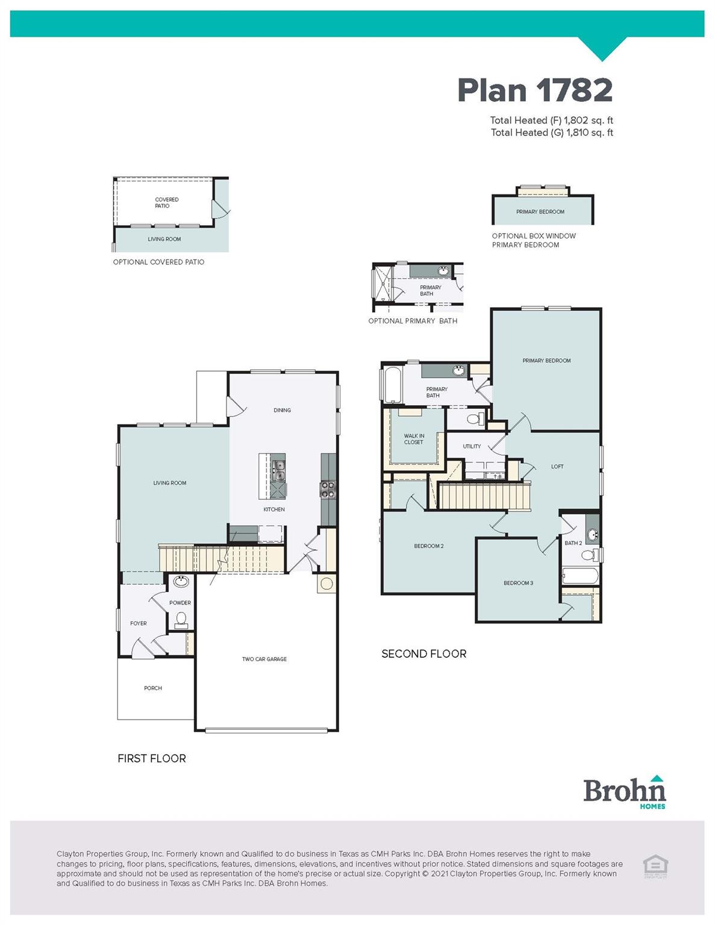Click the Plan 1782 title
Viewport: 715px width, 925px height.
534,90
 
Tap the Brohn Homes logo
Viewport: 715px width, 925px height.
625,792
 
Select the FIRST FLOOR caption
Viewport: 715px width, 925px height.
152,759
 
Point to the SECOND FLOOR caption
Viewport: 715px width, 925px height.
423,654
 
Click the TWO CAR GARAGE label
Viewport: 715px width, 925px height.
264,659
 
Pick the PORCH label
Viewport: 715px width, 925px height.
153,688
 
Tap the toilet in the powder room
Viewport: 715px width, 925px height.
180,619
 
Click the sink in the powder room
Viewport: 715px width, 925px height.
180,582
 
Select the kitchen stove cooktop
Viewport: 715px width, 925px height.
328,489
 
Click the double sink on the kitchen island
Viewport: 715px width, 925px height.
279,470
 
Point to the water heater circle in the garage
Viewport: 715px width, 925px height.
326,584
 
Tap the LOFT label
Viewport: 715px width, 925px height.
557,467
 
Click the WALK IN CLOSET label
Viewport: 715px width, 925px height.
414,439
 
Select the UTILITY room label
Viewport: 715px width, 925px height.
472,447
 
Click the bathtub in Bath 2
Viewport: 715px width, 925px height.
579,576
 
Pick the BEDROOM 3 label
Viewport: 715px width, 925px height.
518,584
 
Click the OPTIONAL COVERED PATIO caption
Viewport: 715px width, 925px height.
158,263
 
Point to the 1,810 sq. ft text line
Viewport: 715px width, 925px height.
552,133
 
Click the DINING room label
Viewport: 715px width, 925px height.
282,411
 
